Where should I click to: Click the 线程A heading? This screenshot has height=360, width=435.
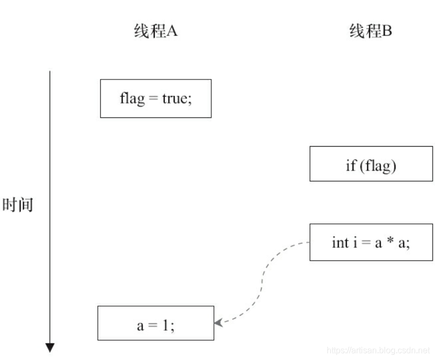(x=155, y=31)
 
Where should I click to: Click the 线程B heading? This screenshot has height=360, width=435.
(x=371, y=31)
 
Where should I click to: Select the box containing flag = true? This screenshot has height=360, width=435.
(x=155, y=99)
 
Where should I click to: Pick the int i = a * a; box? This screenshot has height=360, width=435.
(x=371, y=242)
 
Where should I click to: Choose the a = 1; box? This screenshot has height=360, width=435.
(x=155, y=323)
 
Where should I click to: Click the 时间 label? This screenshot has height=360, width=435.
(x=18, y=205)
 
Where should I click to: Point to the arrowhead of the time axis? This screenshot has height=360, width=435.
(x=50, y=348)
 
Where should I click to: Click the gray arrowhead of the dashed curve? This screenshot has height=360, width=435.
(x=218, y=323)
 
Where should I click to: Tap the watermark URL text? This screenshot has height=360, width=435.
(x=377, y=350)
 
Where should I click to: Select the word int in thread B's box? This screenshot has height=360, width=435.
(x=339, y=243)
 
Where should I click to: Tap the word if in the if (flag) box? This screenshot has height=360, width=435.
(x=351, y=166)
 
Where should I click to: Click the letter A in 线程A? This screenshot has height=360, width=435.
(x=172, y=31)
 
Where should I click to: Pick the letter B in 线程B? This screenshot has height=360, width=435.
(x=387, y=31)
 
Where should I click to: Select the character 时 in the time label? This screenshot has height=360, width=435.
(x=11, y=205)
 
